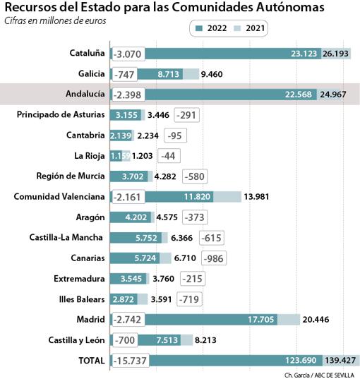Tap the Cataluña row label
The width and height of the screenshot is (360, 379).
tap(87, 53)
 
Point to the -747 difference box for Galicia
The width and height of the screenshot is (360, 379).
tap(124, 73)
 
